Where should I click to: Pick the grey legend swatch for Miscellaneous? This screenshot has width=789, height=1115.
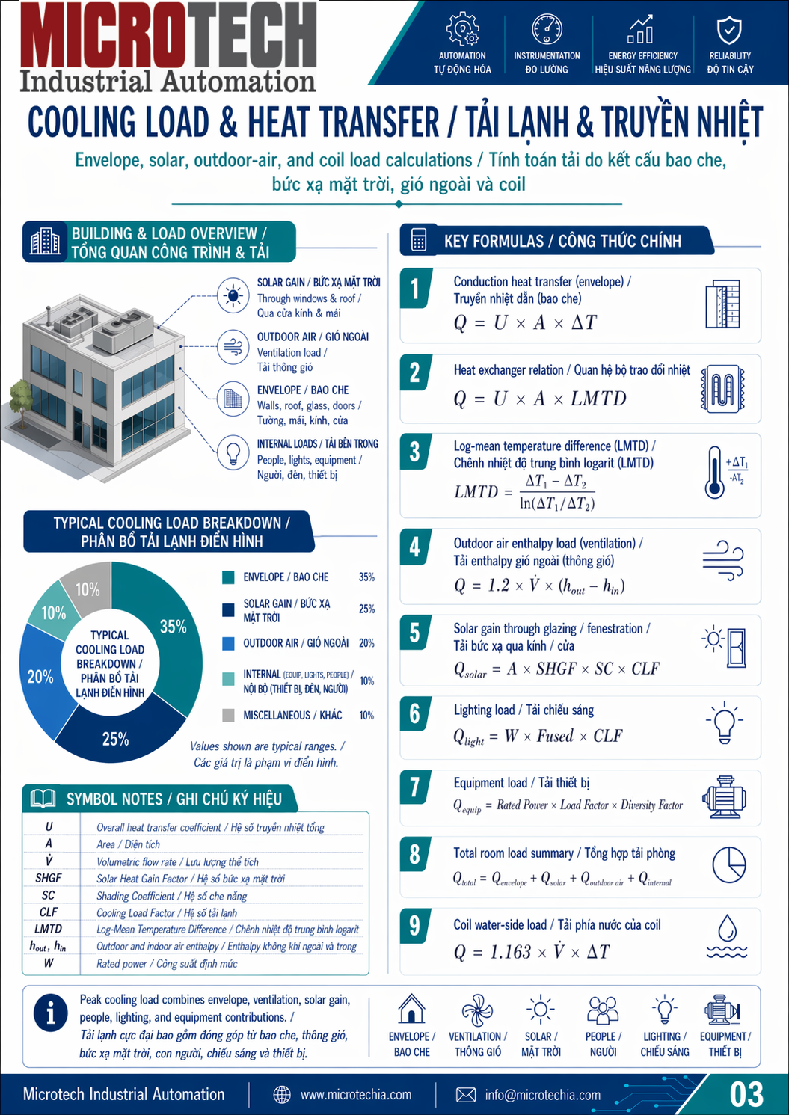[x=228, y=716]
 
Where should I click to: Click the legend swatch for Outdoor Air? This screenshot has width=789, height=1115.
[x=228, y=643]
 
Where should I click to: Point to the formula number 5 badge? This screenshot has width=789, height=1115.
[x=414, y=633]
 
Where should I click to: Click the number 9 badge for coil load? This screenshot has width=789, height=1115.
[x=414, y=926]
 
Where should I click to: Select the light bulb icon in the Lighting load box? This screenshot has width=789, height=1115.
[x=724, y=722]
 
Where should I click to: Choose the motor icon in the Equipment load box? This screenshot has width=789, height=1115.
[x=724, y=797]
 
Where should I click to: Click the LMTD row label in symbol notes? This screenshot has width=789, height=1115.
[x=49, y=929]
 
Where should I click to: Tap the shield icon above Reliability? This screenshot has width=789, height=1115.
[x=729, y=31]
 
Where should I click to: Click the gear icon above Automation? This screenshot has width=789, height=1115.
[x=462, y=29]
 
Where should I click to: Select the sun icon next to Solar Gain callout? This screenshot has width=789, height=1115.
[x=233, y=295]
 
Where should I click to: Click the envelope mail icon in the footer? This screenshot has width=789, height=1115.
[x=466, y=1095]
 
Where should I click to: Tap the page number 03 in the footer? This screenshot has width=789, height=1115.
[x=746, y=1094]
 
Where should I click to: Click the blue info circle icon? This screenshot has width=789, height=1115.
[x=50, y=1013]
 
